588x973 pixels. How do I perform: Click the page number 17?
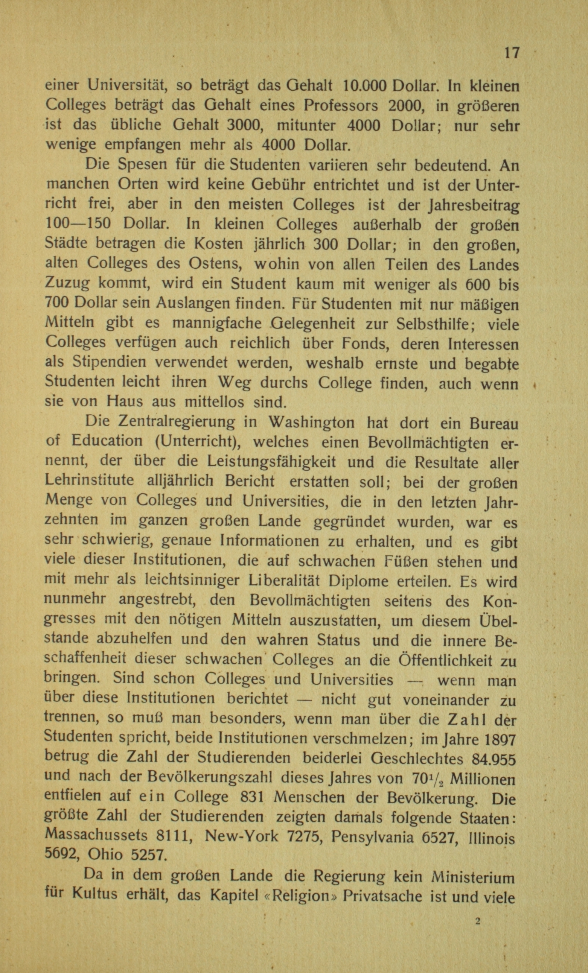tap(511, 53)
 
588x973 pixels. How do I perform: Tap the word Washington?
tap(311, 423)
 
